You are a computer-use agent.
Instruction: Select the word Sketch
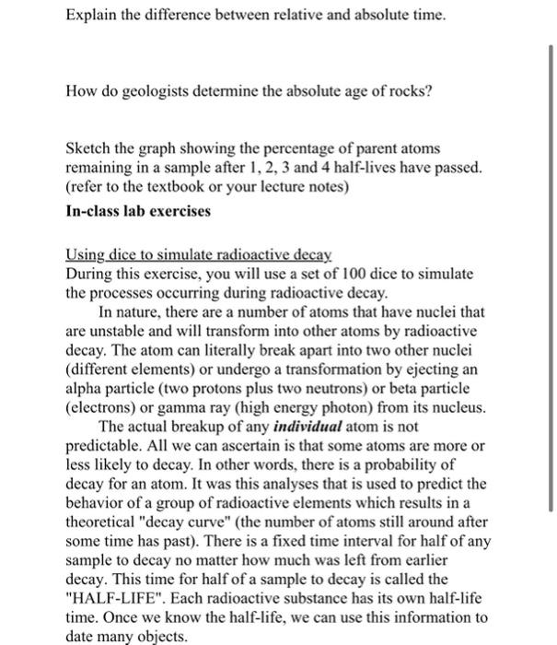point(89,148)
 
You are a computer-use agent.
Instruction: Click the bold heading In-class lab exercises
point(139,209)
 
